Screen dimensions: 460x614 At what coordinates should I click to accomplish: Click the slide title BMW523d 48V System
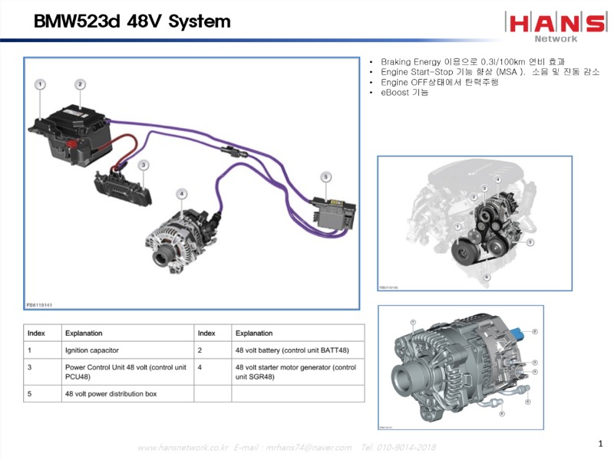click(x=131, y=21)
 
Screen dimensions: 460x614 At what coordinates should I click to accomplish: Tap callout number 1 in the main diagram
click(x=39, y=84)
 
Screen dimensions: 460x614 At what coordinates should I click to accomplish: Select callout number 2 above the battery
click(x=80, y=84)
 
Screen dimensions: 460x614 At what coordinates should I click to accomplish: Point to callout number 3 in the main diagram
click(x=144, y=165)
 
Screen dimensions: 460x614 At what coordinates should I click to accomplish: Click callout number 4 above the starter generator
click(x=182, y=194)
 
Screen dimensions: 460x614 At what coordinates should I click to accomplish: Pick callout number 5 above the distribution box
click(x=326, y=177)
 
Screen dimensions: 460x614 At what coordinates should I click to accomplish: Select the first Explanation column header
click(x=84, y=333)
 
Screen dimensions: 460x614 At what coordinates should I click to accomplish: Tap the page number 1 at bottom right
click(x=600, y=443)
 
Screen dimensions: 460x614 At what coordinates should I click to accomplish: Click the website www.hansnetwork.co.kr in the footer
click(x=183, y=447)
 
